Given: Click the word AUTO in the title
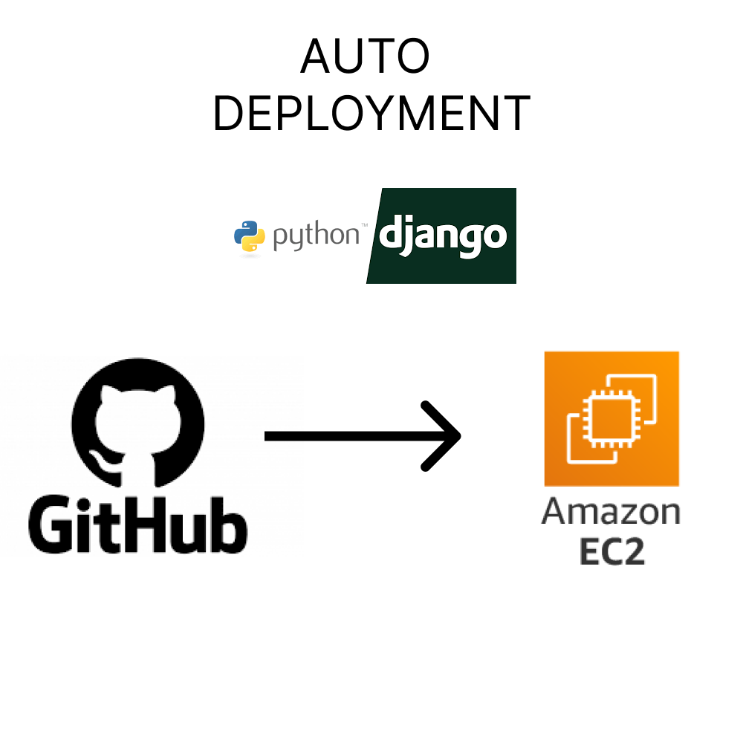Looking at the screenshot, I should click(366, 57).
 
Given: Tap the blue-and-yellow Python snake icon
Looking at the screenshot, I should click(250, 236).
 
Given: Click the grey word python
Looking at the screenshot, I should click(315, 236).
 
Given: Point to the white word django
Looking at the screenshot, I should click(443, 236).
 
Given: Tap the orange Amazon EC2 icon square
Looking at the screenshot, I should click(611, 418).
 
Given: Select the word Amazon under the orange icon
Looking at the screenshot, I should click(611, 513).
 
